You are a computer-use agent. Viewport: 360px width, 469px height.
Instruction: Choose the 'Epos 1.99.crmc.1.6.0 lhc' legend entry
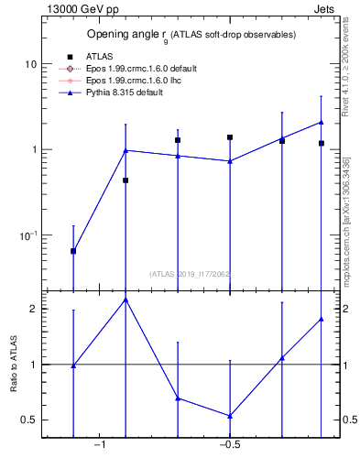(128, 80)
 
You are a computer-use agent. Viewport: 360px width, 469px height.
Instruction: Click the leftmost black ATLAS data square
(73, 251)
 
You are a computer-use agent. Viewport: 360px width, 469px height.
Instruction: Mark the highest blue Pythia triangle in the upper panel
(322, 122)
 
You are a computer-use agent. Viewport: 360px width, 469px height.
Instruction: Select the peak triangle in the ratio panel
(125, 300)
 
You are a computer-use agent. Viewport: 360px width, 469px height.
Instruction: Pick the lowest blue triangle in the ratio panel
(230, 416)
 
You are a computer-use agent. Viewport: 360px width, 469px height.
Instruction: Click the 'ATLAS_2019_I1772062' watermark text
(190, 273)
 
